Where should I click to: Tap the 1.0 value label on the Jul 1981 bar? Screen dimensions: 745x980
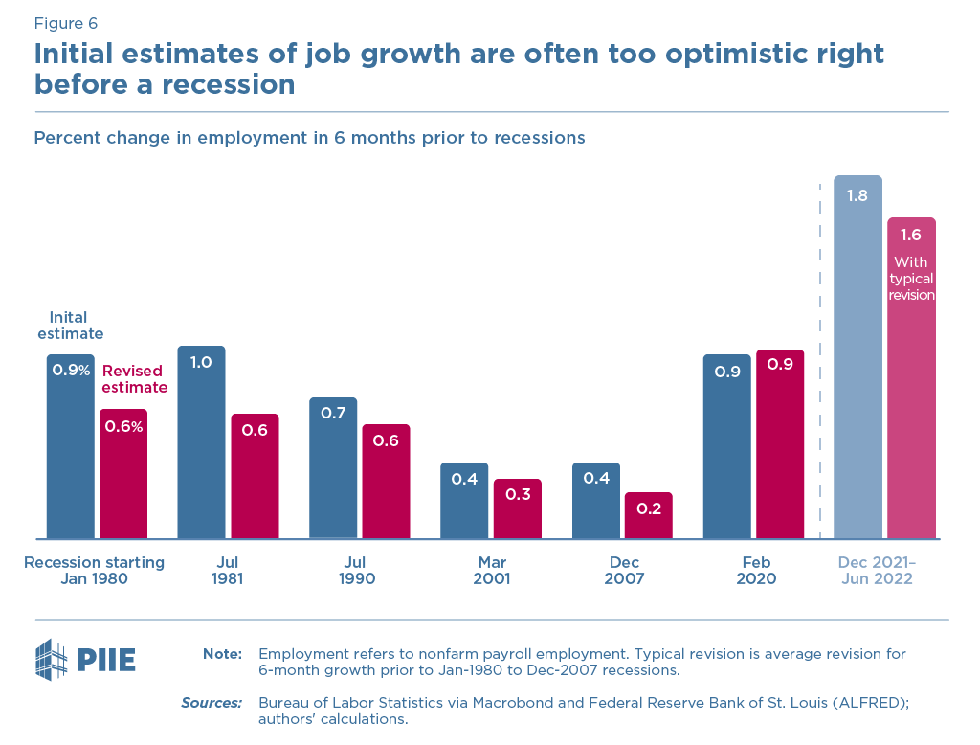coord(201,363)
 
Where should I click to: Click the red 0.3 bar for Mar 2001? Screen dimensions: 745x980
coord(517,508)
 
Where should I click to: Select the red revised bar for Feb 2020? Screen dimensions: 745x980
coord(780,444)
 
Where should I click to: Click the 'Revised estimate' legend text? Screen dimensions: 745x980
coord(135,379)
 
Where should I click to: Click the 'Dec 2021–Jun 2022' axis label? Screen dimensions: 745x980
coord(877,571)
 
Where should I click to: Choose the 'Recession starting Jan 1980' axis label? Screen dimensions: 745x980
coord(94,571)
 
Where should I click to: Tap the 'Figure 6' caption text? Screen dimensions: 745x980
coord(66,23)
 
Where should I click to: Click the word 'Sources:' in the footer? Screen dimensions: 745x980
coord(212,703)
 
